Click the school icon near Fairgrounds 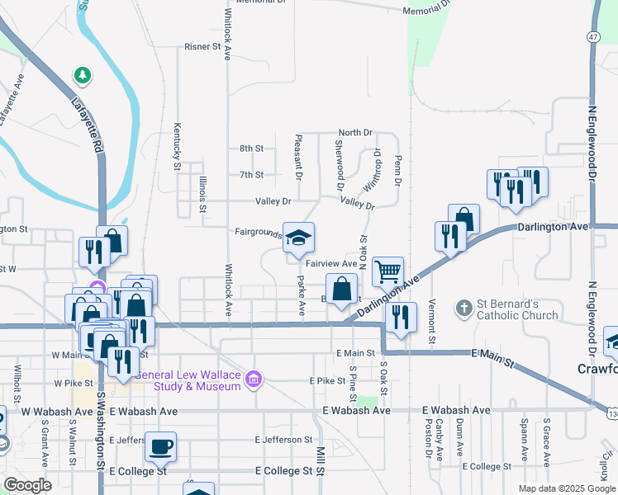point(299,238)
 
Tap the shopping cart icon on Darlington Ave point(387,271)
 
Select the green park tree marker point(82,76)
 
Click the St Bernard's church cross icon point(464,309)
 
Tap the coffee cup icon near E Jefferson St point(160,447)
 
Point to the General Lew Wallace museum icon point(254,379)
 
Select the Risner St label point(202,47)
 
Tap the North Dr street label point(355,132)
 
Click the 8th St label point(251,148)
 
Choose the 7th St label point(251,175)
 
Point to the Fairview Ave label point(331,264)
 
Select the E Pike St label point(326,381)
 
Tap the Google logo point(27,485)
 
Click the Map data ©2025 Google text point(565,488)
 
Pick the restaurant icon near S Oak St point(400,318)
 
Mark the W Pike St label point(72,384)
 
